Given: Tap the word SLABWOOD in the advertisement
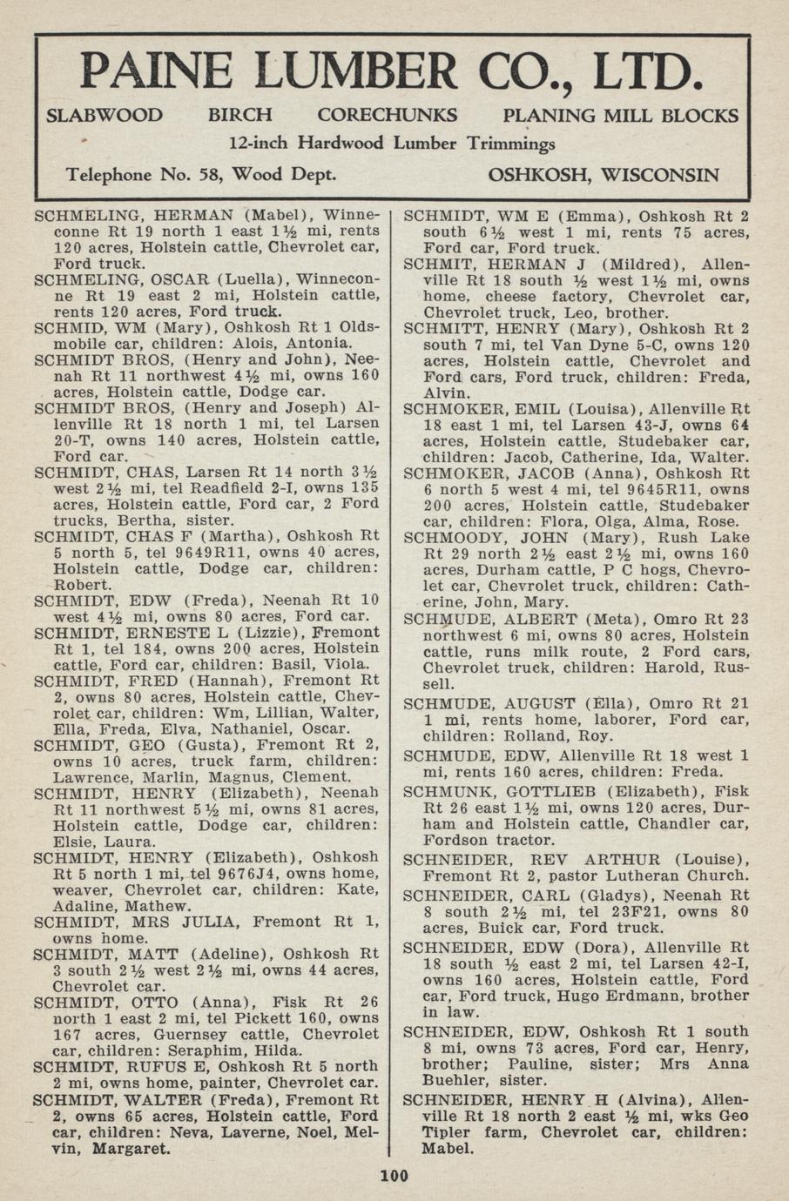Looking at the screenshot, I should click(x=104, y=116).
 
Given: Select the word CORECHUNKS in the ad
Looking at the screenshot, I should click(x=387, y=116).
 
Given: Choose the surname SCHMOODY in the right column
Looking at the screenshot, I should click(x=458, y=537).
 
